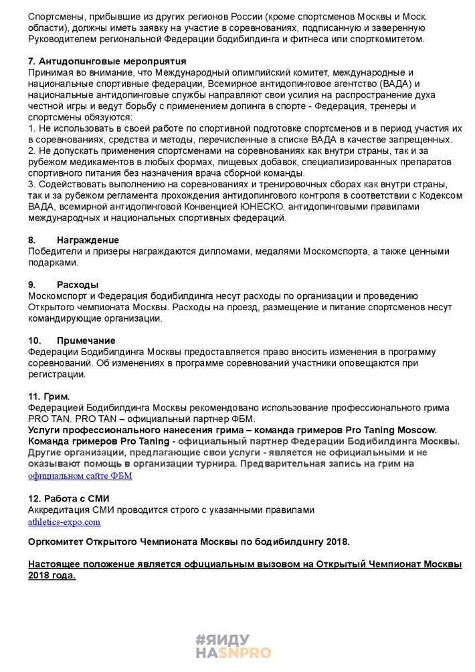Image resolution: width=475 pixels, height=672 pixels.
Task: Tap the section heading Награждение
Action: coord(88,239)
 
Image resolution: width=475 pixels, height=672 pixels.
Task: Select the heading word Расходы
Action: coord(78,284)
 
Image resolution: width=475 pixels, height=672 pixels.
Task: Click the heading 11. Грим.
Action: coord(49,397)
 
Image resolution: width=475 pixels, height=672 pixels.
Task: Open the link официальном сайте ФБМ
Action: coord(80,475)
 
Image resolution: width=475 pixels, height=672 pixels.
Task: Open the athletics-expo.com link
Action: coord(64,522)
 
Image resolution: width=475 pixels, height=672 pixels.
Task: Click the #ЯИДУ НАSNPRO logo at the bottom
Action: coord(233,646)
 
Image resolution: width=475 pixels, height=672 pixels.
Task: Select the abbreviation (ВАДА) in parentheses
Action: coord(401,84)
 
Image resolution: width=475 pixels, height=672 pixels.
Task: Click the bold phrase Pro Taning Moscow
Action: coord(395,430)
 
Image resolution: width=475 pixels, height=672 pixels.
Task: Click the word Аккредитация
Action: coord(60,510)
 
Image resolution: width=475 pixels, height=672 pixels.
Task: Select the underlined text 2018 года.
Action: coord(52,575)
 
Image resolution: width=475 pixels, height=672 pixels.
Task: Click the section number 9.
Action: coord(31,284)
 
